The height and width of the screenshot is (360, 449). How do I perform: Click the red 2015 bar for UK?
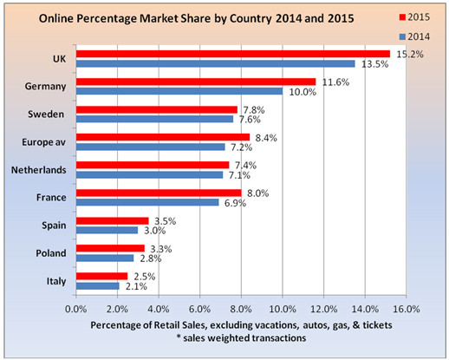tap(233, 54)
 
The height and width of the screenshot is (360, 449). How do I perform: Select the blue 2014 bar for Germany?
tap(179, 91)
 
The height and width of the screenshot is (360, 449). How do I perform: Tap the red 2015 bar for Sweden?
tap(157, 109)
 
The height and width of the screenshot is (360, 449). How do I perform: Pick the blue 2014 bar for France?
tap(147, 202)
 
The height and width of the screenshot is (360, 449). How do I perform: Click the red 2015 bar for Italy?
tap(102, 276)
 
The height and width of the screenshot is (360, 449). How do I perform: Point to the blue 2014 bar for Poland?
tap(105, 258)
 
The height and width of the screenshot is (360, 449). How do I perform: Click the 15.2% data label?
tap(410, 54)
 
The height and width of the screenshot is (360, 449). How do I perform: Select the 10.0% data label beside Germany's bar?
tap(303, 92)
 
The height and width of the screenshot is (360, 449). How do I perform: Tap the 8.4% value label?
tap(266, 138)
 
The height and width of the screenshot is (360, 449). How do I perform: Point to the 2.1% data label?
tap(136, 286)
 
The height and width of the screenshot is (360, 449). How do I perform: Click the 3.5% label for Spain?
tap(166, 221)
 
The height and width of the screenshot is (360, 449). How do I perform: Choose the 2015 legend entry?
tap(414, 17)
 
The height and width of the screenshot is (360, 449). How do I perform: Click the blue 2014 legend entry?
tap(414, 36)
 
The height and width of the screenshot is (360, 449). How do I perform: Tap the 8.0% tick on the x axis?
tap(241, 309)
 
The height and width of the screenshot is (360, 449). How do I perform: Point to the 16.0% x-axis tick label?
tap(407, 309)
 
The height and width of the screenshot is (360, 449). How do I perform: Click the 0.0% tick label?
tap(76, 309)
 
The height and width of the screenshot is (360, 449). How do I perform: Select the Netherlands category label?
tap(39, 170)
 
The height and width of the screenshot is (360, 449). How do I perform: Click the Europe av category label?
tap(44, 142)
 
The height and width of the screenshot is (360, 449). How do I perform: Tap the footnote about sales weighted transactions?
tap(242, 337)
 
